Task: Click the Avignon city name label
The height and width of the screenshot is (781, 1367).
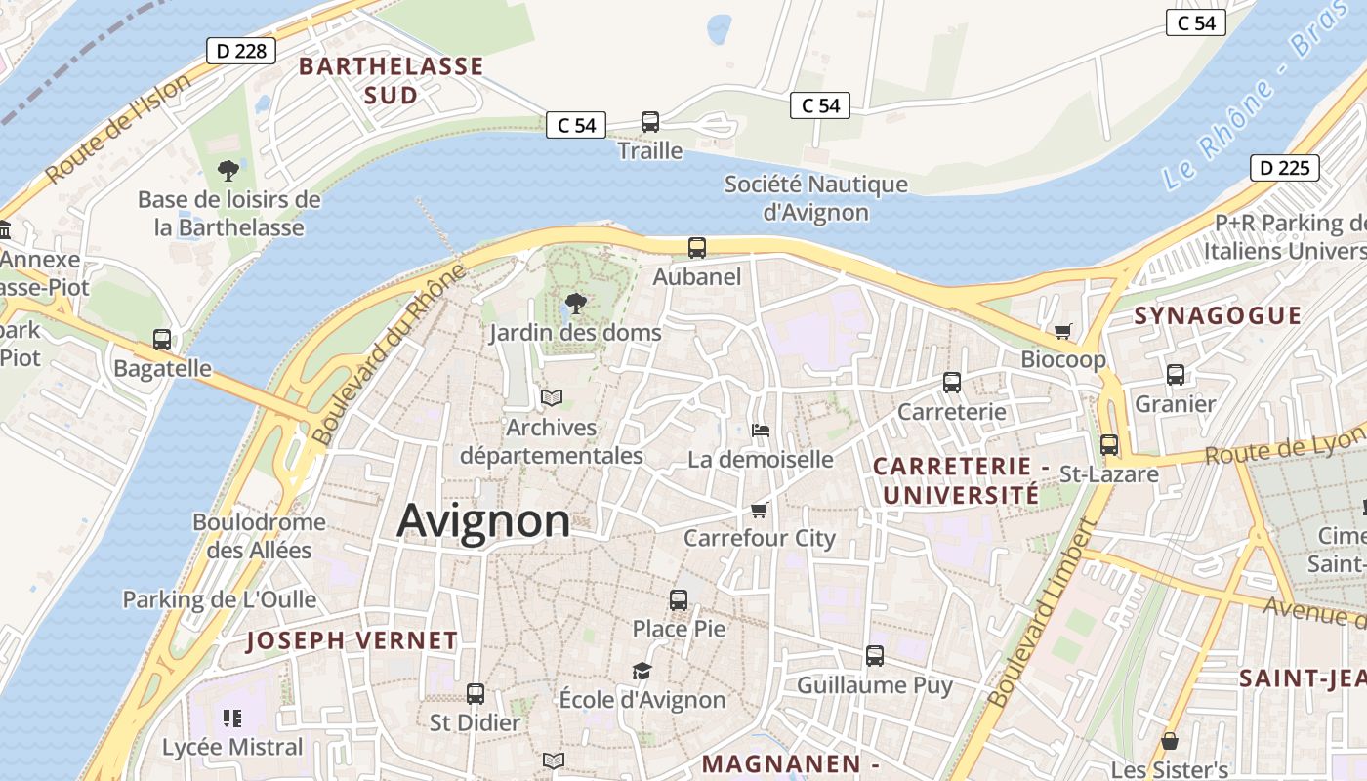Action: [x=483, y=520]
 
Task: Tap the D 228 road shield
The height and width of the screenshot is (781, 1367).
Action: [x=240, y=51]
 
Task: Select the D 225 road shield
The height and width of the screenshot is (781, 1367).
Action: [x=1284, y=168]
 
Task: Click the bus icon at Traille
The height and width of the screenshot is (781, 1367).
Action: [x=650, y=122]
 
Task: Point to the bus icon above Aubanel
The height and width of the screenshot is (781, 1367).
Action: [x=697, y=248]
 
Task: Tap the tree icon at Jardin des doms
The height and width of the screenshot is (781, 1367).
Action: [x=576, y=304]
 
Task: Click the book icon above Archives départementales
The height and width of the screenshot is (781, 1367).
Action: [x=552, y=398]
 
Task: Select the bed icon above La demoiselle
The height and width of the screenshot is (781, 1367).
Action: [x=761, y=431]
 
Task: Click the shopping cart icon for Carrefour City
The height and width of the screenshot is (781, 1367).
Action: [x=760, y=510]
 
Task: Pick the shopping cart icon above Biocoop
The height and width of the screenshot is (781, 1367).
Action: [x=1063, y=331]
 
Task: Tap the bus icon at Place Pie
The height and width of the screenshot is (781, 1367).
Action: [x=679, y=600]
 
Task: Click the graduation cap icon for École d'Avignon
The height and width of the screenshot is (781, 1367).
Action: [x=642, y=672]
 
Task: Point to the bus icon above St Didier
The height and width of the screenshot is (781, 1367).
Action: [x=476, y=694]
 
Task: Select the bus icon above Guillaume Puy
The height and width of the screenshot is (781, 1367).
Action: [x=875, y=656]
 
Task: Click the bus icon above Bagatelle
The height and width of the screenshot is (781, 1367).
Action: [x=162, y=340]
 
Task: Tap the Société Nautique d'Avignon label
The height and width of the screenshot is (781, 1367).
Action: [x=815, y=198]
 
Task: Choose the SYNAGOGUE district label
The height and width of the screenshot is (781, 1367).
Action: [x=1218, y=315]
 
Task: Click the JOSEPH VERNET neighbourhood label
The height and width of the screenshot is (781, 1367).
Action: [x=352, y=641]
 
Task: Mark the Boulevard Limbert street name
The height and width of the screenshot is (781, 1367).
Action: [x=1043, y=613]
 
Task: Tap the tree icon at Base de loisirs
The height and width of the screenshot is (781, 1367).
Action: [x=228, y=171]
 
